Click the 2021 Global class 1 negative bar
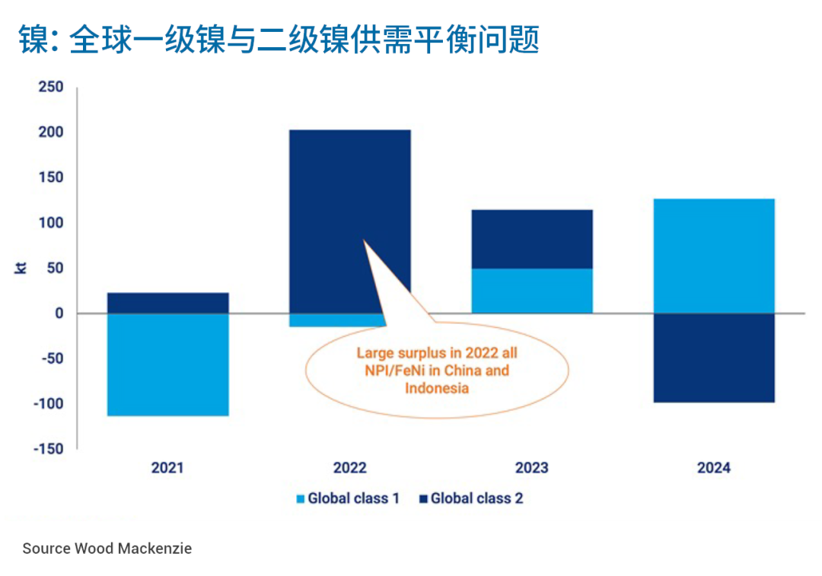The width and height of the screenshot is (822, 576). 167,364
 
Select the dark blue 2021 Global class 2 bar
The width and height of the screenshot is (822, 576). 167,303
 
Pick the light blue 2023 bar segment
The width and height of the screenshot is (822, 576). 531,291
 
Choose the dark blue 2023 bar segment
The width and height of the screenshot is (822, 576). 531,239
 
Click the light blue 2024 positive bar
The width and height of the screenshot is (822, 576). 713,256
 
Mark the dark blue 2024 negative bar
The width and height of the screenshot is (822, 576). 713,358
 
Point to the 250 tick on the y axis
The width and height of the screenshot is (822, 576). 50,88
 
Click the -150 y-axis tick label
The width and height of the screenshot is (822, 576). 47,449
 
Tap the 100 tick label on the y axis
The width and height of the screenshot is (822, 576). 50,223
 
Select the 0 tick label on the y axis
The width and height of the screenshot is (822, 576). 59,313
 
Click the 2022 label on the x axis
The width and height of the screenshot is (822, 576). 349,467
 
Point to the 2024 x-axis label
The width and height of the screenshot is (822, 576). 713,467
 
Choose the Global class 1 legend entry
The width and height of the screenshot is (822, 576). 348,499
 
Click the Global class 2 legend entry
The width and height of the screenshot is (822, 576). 471,499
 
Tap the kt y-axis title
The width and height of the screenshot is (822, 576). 21,268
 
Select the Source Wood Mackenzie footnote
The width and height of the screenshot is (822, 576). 107,549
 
